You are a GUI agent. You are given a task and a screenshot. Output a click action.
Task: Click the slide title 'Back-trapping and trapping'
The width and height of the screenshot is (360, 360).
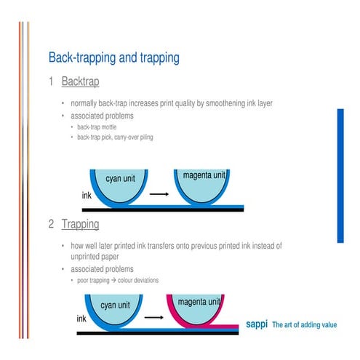pyautogui.click(x=113, y=57)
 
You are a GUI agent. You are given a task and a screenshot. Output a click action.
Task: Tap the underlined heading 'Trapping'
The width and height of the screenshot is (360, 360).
pyautogui.click(x=80, y=224)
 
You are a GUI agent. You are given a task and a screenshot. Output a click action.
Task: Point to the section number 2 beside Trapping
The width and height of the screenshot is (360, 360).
pyautogui.click(x=51, y=224)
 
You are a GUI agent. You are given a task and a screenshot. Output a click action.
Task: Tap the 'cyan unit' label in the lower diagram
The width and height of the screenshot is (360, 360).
pyautogui.click(x=119, y=305)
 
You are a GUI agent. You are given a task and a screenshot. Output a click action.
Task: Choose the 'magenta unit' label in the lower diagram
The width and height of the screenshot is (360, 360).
pyautogui.click(x=199, y=301)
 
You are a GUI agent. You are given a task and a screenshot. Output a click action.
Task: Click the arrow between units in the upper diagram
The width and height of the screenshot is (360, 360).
pyautogui.click(x=159, y=194)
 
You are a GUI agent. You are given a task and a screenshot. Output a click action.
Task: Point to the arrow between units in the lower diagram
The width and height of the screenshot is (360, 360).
pyautogui.click(x=153, y=317)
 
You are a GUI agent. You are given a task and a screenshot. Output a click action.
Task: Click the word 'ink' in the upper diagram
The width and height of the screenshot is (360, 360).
pyautogui.click(x=86, y=196)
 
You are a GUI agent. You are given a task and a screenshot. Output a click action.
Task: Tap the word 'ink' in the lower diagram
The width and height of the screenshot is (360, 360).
pyautogui.click(x=81, y=319)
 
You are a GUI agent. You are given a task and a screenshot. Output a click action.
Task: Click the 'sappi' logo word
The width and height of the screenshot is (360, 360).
pyautogui.click(x=257, y=324)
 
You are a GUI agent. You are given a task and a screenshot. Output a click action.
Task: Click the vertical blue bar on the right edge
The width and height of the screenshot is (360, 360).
pyautogui.click(x=340, y=175)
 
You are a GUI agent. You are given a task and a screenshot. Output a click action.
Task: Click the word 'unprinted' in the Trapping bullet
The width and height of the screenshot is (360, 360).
pyautogui.click(x=87, y=257)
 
